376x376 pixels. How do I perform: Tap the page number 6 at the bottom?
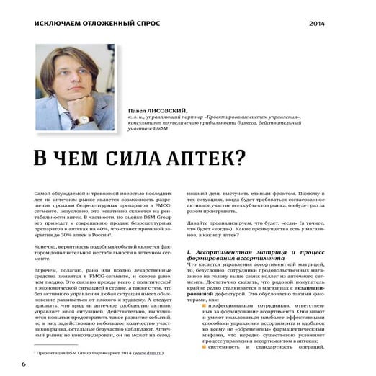click(x=23, y=364)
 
